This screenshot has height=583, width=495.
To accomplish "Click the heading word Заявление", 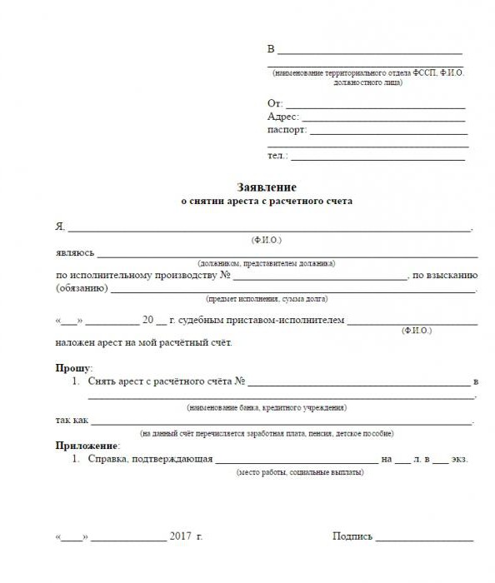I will [x=267, y=188].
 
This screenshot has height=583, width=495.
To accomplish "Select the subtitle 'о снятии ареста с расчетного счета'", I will [x=267, y=202].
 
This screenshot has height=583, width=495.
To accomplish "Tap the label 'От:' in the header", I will [x=275, y=103].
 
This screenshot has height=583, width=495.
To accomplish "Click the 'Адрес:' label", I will [x=282, y=117].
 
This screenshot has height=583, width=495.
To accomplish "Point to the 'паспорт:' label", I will [x=287, y=130].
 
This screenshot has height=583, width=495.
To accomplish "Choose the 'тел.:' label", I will [x=277, y=156].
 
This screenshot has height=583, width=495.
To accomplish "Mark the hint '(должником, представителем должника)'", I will [x=266, y=262].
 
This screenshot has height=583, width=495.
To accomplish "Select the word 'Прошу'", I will [x=73, y=367].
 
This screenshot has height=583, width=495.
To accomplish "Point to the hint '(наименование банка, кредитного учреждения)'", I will [x=266, y=407].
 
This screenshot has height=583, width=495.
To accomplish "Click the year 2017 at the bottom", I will [x=180, y=536].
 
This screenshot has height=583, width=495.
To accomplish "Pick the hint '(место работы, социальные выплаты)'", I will [x=300, y=471].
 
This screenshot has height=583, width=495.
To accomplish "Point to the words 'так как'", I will [x=71, y=421].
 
